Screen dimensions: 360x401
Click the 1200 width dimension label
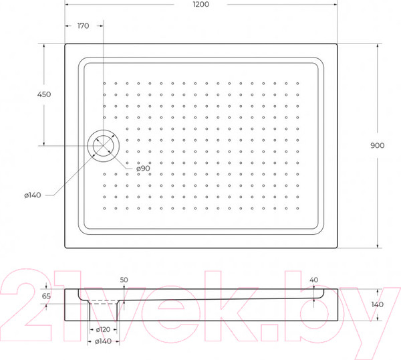coord(200,5)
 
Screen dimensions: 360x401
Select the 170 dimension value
coord(83,26)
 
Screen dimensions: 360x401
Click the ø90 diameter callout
coord(142,169)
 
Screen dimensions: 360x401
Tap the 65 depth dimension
coord(46,295)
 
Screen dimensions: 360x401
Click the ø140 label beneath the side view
coord(103,342)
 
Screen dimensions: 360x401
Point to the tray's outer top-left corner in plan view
coord(65,44)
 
